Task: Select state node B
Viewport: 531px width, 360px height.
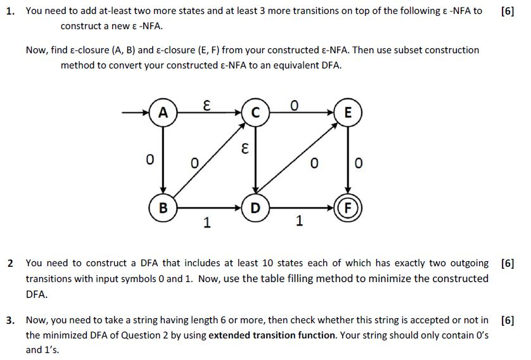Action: (x=163, y=207)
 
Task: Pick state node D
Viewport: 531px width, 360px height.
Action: (x=255, y=207)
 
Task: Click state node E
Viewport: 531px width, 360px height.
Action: (x=347, y=113)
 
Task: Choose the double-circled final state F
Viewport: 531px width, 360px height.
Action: (x=347, y=207)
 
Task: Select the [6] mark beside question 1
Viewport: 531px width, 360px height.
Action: (x=507, y=11)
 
